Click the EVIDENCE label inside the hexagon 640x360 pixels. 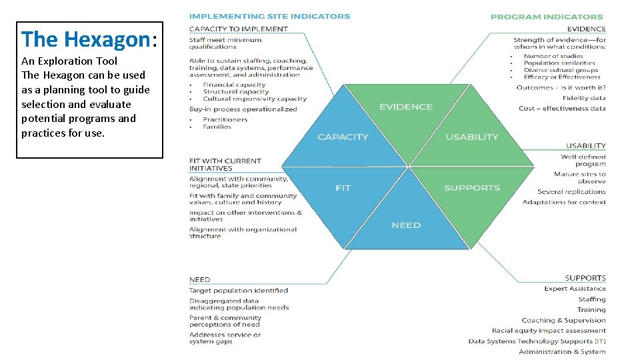point(405,107)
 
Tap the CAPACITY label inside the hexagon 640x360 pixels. point(343,137)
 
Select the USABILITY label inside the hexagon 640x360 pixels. point(471,137)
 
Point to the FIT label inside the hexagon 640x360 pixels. point(343,188)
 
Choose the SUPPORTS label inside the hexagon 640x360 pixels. point(471,188)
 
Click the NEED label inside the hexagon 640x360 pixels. point(406,225)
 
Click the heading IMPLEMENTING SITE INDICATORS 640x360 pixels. point(269,16)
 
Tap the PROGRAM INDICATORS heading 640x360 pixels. point(547,17)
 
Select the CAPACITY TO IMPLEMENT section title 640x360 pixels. point(239,29)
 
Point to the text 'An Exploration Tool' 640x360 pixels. point(69,61)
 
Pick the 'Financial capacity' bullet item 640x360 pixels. point(234,85)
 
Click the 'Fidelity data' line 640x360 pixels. point(584,98)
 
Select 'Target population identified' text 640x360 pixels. point(239,291)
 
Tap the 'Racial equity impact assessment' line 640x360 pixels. point(549,331)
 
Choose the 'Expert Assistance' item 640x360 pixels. point(575,289)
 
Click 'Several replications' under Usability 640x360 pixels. point(571,192)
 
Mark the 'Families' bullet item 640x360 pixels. point(217,127)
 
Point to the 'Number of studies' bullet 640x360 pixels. point(553,56)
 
